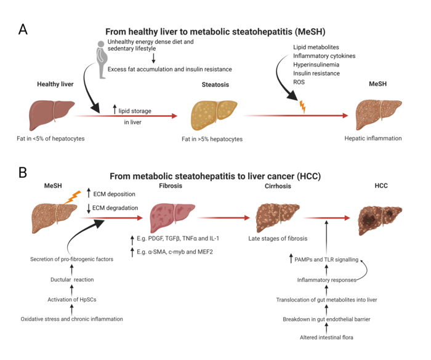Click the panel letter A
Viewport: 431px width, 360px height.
pyautogui.click(x=23, y=29)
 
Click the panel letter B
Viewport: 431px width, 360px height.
pyautogui.click(x=23, y=172)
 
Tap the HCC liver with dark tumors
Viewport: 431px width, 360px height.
pyautogui.click(x=380, y=219)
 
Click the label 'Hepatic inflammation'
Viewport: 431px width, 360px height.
pyautogui.click(x=373, y=138)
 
